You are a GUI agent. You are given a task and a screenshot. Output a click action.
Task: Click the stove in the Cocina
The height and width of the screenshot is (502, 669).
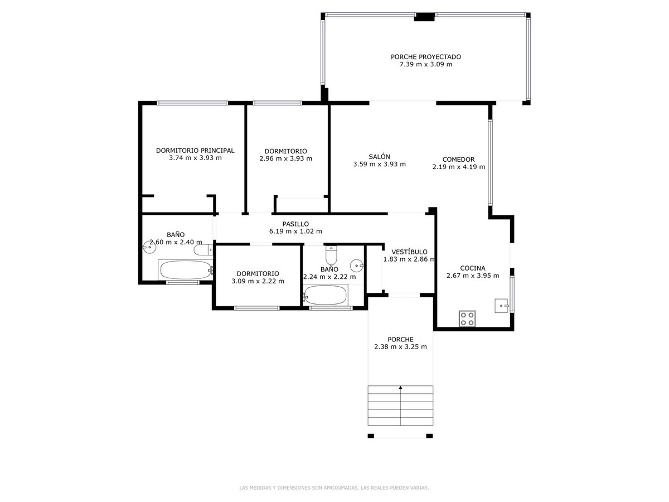pos(467,318)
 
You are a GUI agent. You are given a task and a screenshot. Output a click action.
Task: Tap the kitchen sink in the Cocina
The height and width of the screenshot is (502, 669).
pos(502,305)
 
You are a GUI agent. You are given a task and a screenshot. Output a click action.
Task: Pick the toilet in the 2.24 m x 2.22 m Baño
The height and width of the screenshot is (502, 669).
pos(331,255)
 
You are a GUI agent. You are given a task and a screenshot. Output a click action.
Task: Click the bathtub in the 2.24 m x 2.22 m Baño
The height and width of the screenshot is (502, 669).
pos(326,295)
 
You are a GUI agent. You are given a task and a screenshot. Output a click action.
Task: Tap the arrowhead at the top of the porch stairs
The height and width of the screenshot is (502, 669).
pos(400,387)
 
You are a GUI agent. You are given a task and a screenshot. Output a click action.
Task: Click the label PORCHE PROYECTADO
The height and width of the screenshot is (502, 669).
pos(425,56)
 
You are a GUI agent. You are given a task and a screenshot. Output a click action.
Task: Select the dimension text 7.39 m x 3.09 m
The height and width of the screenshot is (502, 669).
pos(425,64)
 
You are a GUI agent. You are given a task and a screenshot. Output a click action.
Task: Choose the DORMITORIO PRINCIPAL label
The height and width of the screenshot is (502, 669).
pos(195,150)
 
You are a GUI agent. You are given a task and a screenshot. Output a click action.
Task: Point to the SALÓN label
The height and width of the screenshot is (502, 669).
pos(379,157)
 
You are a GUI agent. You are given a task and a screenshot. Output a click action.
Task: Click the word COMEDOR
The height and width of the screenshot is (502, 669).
pos(458,159)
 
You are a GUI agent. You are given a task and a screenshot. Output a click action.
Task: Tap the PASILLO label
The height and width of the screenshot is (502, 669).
pos(295,224)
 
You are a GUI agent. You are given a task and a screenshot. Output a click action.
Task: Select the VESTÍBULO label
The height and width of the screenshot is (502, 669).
pos(409,252)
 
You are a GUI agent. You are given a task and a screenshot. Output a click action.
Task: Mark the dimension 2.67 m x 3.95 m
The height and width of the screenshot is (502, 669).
pos(472,276)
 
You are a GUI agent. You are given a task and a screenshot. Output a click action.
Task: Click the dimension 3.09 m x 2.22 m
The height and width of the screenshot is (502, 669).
pos(258,281)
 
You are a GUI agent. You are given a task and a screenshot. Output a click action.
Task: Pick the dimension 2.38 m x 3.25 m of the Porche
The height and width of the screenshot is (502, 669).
pos(400,347)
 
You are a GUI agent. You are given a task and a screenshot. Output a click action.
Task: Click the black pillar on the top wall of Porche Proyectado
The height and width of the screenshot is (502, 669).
pos(424,17)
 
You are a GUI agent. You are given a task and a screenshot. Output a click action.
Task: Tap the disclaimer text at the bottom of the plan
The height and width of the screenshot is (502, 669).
pos(334,488)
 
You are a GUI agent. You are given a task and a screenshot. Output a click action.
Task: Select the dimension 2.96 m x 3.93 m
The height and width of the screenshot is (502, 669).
pos(285,158)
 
